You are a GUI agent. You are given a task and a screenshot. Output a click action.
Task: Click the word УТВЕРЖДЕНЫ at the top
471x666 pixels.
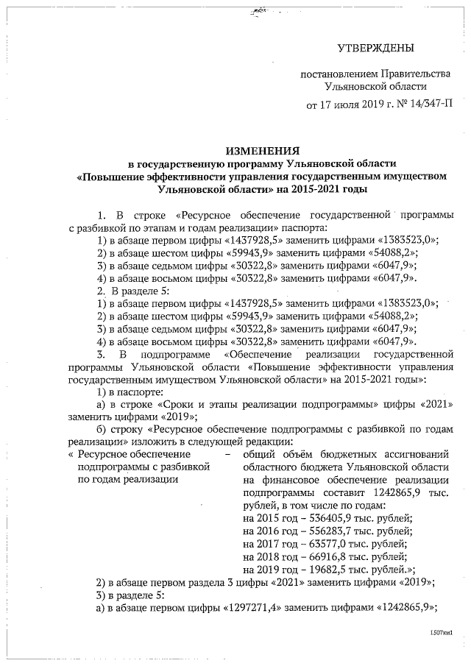(x=375, y=49)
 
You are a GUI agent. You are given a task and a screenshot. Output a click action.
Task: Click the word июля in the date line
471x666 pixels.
(x=344, y=104)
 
